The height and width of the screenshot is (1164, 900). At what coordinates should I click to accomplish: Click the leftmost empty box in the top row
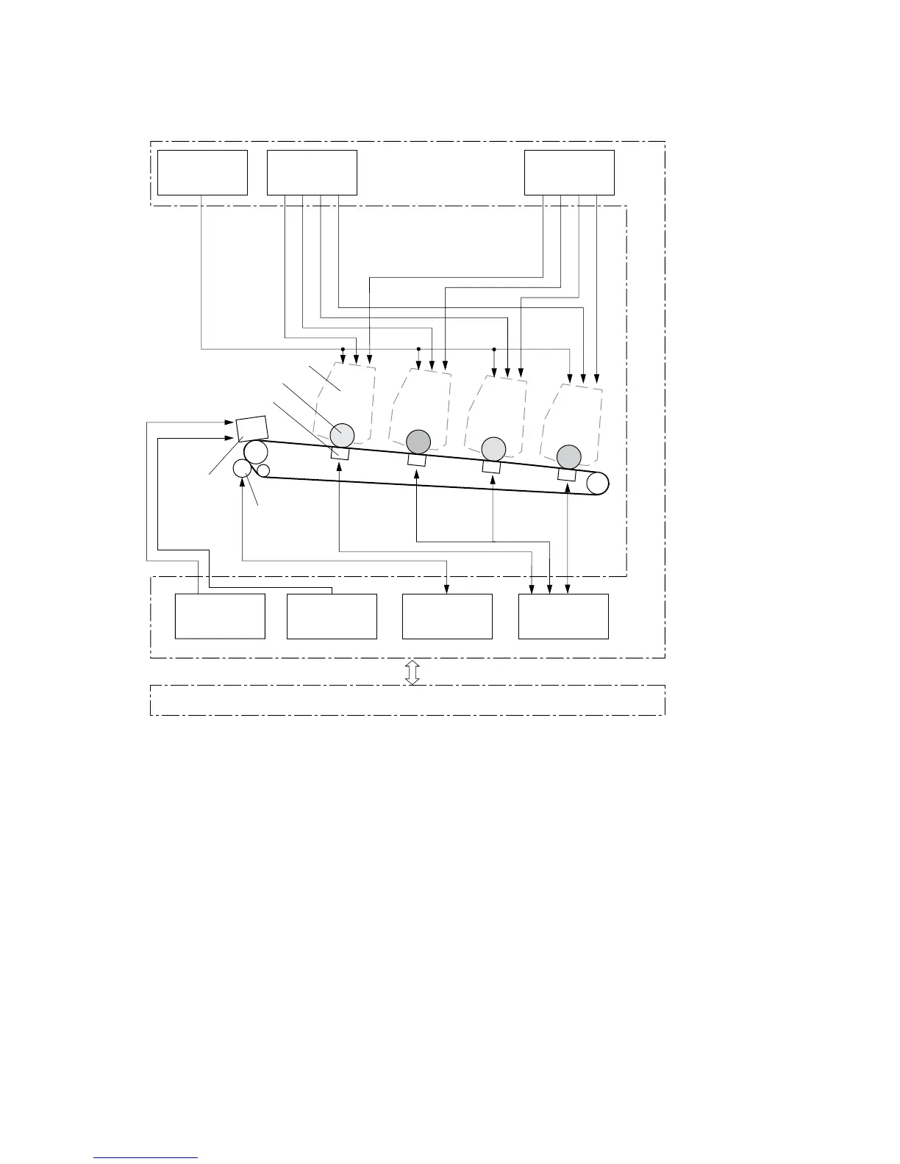202,173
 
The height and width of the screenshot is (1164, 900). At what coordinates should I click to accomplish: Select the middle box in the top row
312,173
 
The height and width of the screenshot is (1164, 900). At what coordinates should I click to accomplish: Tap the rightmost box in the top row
569,173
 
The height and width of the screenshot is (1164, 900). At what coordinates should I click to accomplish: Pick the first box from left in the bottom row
220,617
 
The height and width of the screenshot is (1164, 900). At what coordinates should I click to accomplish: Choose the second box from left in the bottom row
332,617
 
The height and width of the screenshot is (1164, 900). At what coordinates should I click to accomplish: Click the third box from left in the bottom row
447,617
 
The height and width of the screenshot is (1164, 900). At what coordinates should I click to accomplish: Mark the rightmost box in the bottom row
563,617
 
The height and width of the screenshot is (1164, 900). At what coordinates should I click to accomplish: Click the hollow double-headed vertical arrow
413,672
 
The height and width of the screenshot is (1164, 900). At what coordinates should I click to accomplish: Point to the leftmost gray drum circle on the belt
342,435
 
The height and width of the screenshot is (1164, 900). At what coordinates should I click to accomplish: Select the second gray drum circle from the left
418,442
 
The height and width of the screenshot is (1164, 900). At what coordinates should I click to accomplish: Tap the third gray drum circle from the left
493,448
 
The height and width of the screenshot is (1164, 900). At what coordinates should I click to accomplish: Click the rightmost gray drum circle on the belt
568,456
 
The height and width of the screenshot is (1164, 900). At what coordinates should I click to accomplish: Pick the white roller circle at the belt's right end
598,483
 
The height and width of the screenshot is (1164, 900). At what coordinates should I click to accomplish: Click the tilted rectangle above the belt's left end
251,428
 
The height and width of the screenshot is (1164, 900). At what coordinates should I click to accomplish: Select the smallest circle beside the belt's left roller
263,470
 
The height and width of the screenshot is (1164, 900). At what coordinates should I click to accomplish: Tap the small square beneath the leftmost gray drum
340,454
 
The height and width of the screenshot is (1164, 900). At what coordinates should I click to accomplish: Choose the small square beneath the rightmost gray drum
566,475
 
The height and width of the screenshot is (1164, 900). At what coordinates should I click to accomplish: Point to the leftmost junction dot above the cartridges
343,349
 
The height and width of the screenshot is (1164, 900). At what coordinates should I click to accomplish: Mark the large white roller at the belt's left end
255,452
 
